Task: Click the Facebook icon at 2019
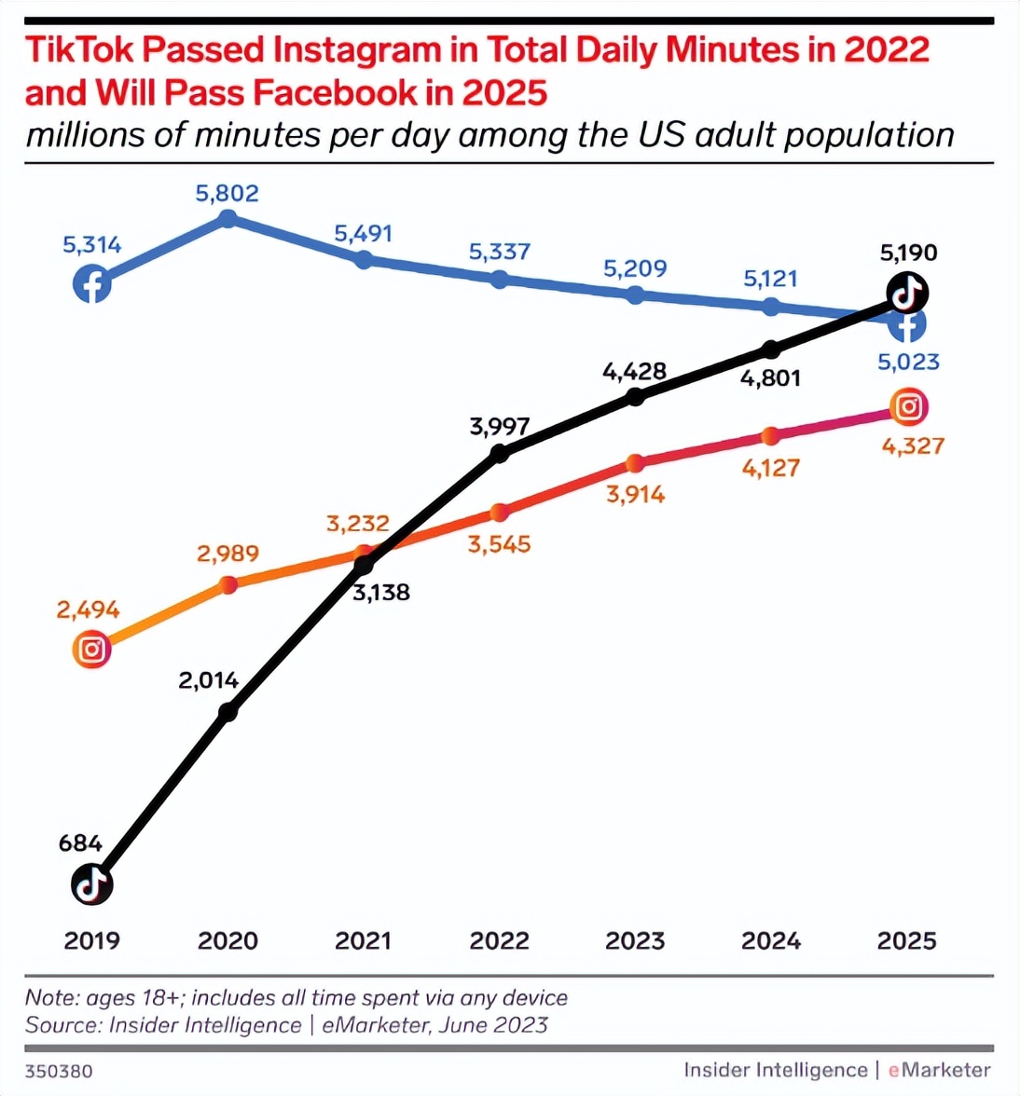[92, 283]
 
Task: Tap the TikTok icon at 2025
[907, 293]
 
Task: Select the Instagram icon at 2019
[91, 649]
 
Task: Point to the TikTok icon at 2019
[91, 884]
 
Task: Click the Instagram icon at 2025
[909, 406]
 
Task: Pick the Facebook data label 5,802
[227, 194]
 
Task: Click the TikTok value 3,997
[500, 427]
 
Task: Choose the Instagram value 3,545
[500, 544]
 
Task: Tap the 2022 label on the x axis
[500, 940]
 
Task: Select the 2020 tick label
[227, 940]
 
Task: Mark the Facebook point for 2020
[227, 219]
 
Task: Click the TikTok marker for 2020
[227, 712]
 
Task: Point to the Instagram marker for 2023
[635, 463]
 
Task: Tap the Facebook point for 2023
[635, 295]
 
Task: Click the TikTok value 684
[80, 843]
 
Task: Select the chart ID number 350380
[59, 1071]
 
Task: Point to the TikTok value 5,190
[908, 253]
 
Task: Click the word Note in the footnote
[51, 997]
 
